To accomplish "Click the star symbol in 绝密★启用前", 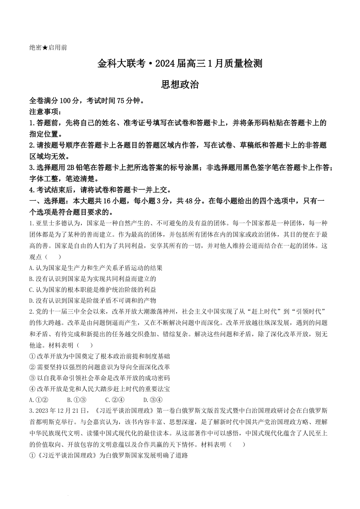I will pos(45,48).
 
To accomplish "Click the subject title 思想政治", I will pos(180,84).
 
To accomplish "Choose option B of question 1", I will pos(92,279).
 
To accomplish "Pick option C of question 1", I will pos(92,290).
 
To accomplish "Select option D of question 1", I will pos(92,301).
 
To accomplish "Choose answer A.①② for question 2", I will pos(38,400).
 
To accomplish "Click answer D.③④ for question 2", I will pos(153,400).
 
